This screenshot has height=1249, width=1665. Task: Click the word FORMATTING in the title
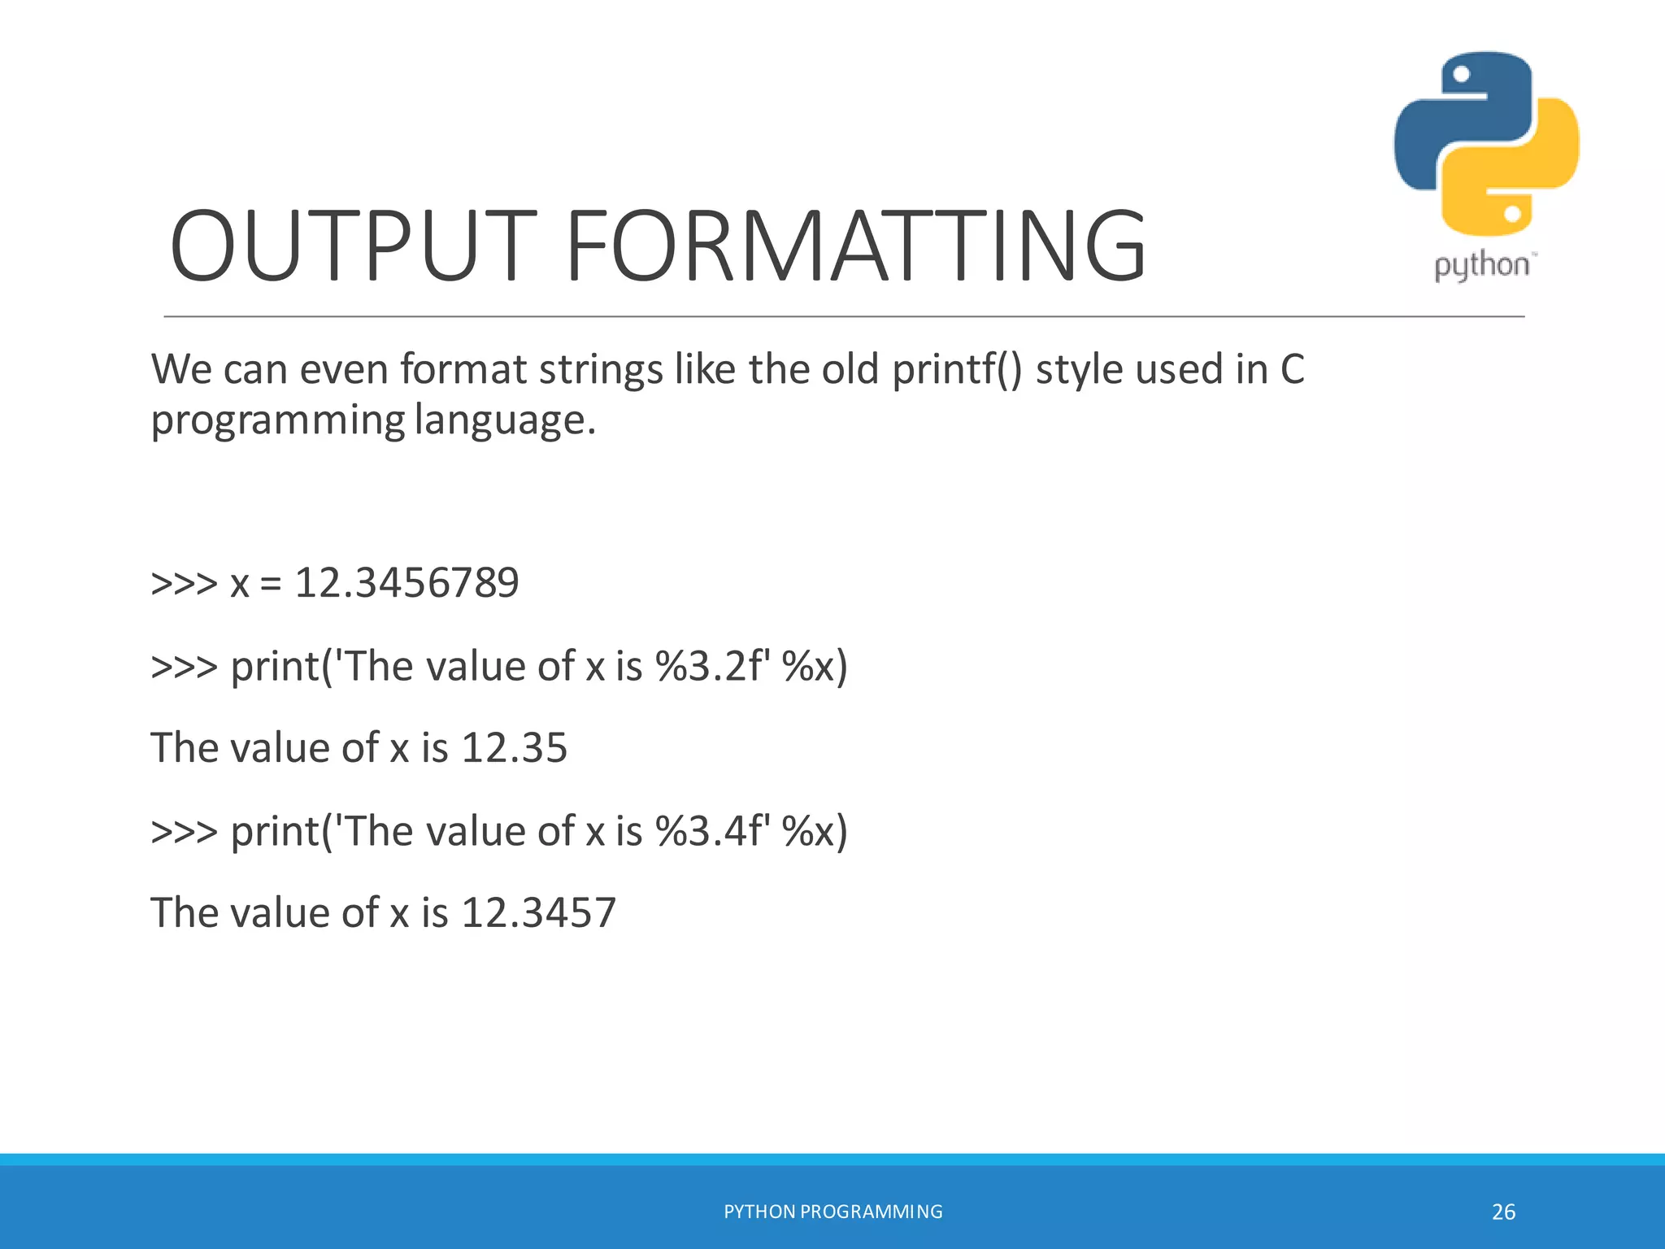pos(854,246)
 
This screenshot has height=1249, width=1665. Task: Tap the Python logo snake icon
pos(1486,144)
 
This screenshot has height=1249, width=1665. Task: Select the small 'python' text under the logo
pos(1481,266)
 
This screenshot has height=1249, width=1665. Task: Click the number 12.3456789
pos(406,583)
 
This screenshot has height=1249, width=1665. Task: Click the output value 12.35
pos(514,748)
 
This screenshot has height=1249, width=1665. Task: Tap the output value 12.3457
pos(538,912)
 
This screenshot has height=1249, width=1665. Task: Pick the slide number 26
pos(1503,1212)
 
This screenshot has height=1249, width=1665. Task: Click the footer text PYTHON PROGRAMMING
pos(833,1212)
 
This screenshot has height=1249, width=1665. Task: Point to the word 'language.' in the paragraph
pos(505,421)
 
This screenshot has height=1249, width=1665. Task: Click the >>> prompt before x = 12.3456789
pos(185,583)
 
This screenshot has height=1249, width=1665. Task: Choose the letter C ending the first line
pos(1292,369)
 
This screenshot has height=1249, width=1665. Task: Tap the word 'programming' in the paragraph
pos(277,421)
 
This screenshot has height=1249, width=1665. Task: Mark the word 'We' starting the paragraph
pos(180,369)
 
